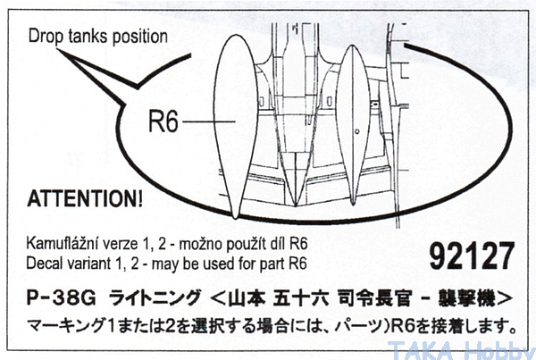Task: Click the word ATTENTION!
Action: pos(85,198)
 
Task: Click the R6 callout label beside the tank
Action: pos(163,121)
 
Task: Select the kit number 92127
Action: pos(472,255)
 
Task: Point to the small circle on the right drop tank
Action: pos(357,131)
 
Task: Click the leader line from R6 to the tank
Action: pos(209,121)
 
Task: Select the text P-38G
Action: pos(62,297)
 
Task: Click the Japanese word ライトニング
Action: pos(154,297)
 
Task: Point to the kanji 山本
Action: pos(247,298)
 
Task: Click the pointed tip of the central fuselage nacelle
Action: pos(296,205)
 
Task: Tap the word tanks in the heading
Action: pos(88,37)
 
